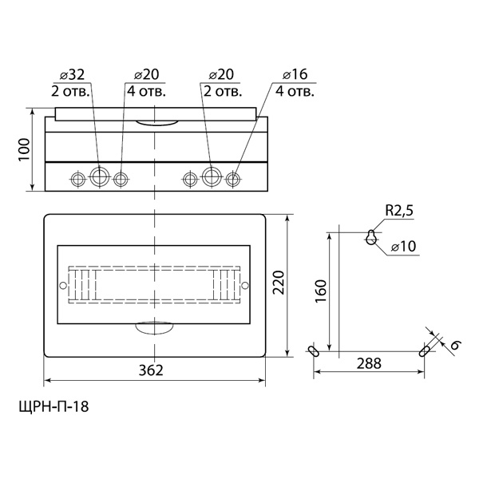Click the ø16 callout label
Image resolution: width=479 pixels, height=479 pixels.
295,74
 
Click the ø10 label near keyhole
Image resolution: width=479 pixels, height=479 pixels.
404,247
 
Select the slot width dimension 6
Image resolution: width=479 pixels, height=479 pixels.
453,345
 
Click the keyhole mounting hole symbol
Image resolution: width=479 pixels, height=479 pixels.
371,236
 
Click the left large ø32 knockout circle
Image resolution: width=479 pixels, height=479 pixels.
99,177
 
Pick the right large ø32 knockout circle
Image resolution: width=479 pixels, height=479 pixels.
212,177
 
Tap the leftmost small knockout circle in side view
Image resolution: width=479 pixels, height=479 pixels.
78,178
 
